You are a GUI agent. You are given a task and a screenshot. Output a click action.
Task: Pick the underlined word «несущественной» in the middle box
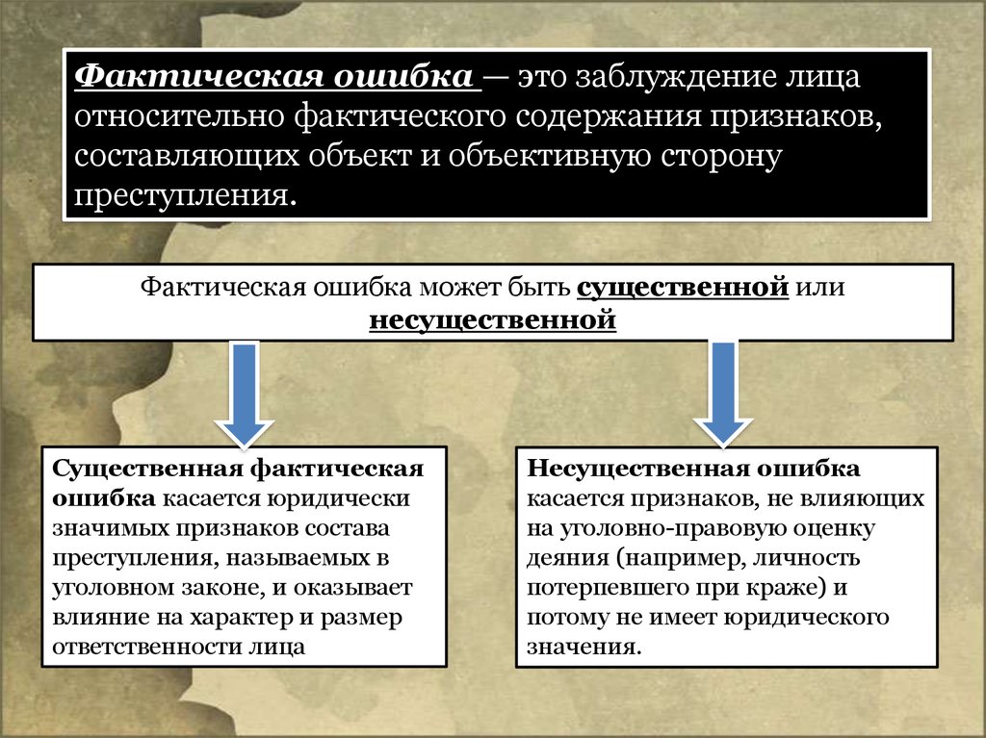point(492,318)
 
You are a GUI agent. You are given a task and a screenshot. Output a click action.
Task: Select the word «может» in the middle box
point(460,288)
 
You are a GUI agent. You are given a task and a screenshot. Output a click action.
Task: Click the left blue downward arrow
point(245,391)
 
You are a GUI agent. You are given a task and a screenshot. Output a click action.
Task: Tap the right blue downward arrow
point(722,391)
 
